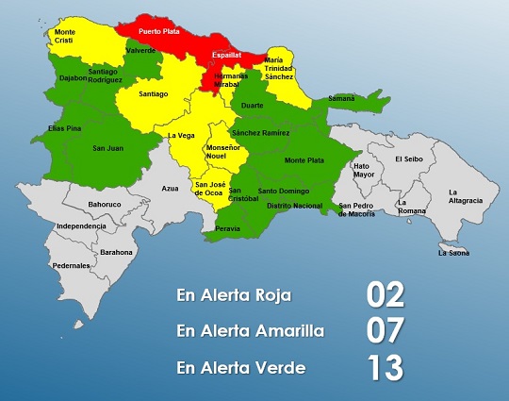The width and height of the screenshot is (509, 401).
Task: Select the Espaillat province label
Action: [x=226, y=55]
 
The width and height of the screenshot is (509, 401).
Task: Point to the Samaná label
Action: [x=340, y=98]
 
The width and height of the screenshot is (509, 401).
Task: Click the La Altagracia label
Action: [x=466, y=196]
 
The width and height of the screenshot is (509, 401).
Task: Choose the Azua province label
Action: [x=170, y=189]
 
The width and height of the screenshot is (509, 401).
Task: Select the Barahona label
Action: [x=117, y=252]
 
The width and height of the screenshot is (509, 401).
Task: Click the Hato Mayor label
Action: [x=363, y=170]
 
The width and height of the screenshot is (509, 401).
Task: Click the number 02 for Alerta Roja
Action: [x=386, y=294]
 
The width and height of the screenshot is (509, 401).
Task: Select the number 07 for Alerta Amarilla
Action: [x=386, y=330]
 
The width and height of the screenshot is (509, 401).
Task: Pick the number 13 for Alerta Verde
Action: [x=386, y=366]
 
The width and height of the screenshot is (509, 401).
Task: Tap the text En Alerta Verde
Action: [x=240, y=367]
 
